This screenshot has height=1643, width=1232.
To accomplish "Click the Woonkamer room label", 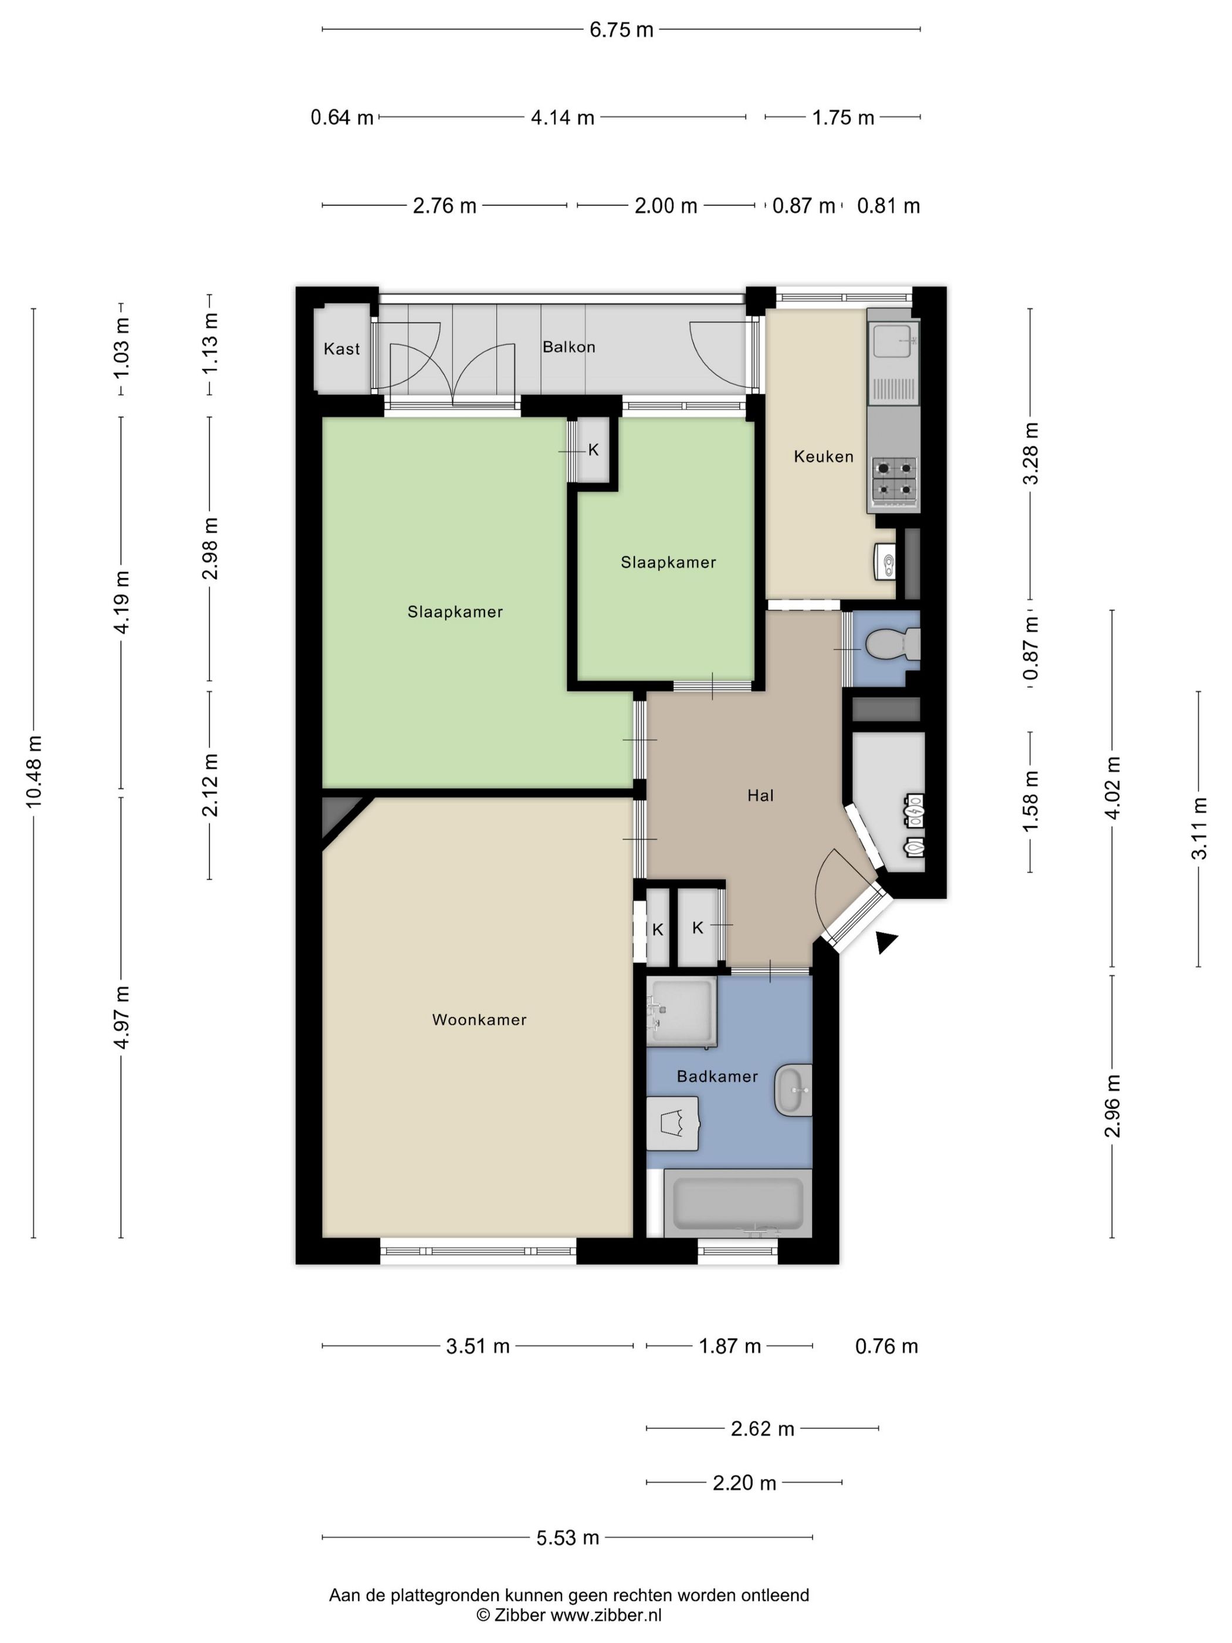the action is click(x=479, y=1020).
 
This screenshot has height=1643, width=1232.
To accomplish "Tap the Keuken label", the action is click(x=824, y=456).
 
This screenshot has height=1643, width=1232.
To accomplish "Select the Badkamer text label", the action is click(x=717, y=1076).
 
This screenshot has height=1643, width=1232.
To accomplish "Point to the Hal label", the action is click(x=760, y=796).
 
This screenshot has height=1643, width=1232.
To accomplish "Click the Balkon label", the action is click(x=569, y=346).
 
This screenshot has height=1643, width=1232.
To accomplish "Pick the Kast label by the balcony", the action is click(x=341, y=349).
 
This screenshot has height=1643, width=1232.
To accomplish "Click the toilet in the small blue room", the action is click(x=893, y=643).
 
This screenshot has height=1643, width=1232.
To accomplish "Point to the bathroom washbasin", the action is click(x=793, y=1090).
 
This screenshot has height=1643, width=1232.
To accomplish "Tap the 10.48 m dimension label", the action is click(x=34, y=771).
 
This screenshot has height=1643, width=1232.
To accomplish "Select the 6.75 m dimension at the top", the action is click(x=621, y=30).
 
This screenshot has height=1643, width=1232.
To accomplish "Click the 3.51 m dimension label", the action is click(x=478, y=1346).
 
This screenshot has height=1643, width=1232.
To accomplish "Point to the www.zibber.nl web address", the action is click(x=605, y=1615).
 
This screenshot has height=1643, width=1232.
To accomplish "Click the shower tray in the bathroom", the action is click(x=682, y=1011).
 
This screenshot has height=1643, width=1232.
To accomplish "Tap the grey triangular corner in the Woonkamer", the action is click(x=338, y=816).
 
